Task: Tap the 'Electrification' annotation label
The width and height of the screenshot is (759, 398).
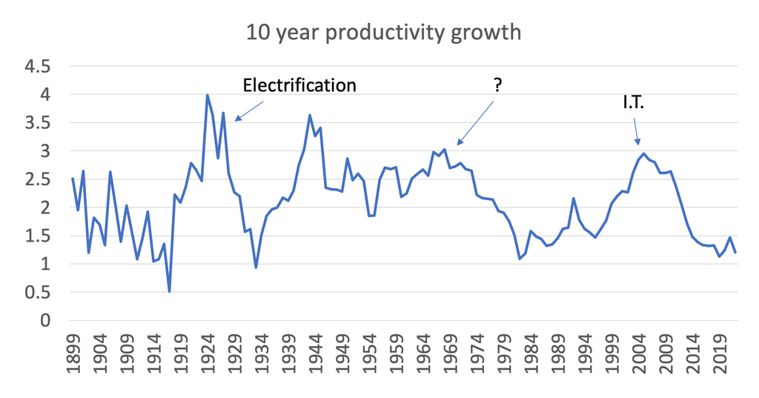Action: point(299,85)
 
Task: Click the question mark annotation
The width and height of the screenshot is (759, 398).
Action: point(497,85)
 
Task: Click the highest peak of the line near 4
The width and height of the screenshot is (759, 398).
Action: point(207,95)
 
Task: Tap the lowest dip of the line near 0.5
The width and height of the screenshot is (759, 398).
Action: point(169,291)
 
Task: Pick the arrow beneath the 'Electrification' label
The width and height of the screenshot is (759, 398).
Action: point(250,110)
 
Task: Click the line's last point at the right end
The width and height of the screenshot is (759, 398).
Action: point(735,252)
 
